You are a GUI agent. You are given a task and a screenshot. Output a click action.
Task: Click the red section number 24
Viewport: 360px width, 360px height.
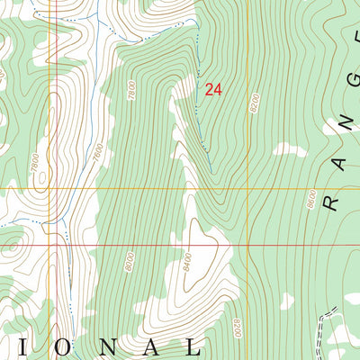(213, 89)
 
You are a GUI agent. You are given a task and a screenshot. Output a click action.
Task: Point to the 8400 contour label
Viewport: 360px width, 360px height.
(187, 262)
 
